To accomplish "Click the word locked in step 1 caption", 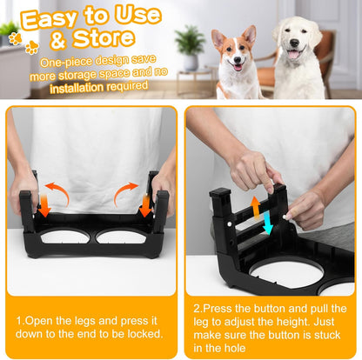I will (142, 334).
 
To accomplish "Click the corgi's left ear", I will (218, 38).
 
